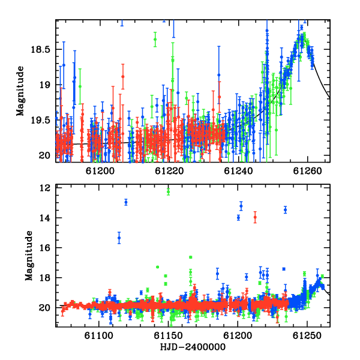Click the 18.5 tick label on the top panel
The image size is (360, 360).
click(40, 49)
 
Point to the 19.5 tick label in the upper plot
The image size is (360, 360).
click(40, 120)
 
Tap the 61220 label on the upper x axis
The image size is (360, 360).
click(169, 171)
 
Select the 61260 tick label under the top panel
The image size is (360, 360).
click(307, 171)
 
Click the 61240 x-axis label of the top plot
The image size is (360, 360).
click(238, 171)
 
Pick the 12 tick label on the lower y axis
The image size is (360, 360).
click(45, 188)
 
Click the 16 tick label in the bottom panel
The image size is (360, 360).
click(45, 248)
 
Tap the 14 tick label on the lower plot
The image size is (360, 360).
click(45, 218)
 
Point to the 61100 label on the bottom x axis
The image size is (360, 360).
click(99, 335)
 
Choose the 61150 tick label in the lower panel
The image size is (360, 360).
click(168, 335)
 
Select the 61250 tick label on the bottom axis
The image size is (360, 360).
click(307, 335)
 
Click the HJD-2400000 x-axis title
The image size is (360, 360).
click(193, 347)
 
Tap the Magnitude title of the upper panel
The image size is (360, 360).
click(20, 91)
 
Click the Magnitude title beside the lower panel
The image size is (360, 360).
click(29, 256)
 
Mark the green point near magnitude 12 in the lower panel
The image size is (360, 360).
click(168, 192)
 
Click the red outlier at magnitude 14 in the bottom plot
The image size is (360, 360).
click(255, 217)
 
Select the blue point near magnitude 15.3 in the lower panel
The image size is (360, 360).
click(119, 238)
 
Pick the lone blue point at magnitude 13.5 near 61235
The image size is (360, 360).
click(285, 209)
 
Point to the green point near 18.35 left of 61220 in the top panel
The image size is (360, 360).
click(155, 39)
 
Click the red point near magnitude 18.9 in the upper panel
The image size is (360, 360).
click(123, 76)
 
